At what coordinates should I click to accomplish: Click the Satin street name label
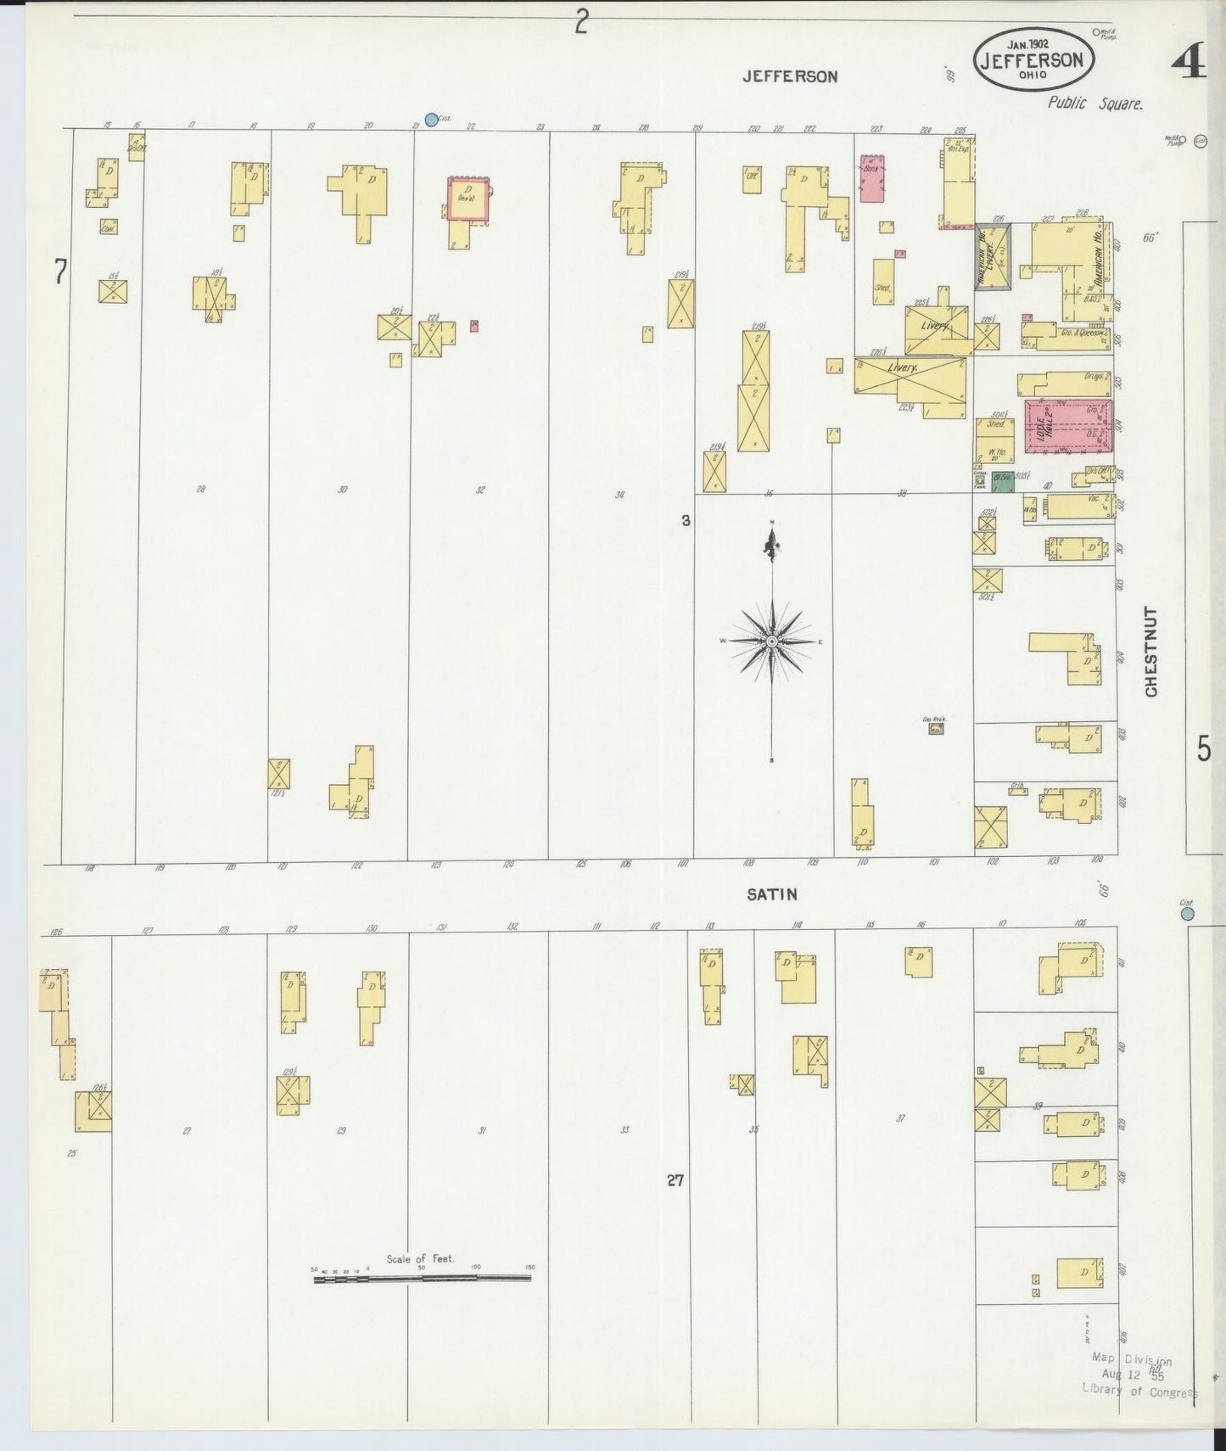772,894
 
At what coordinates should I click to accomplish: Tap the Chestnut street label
1151,652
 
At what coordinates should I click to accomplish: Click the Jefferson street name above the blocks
790,76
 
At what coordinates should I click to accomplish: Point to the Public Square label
1094,104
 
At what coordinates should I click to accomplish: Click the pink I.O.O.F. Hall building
1068,427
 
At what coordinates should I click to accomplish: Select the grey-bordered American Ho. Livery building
993,257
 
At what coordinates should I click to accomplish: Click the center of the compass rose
771,642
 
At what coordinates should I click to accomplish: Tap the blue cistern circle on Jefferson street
431,120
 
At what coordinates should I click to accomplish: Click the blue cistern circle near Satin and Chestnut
1187,914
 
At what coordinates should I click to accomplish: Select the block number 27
675,1179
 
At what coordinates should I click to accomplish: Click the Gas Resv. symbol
936,727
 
